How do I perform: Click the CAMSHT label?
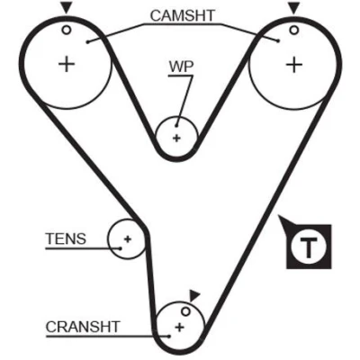click(183, 15)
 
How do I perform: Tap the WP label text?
click(182, 67)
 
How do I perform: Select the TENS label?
click(66, 238)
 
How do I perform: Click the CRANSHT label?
click(83, 327)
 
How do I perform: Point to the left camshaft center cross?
click(67, 64)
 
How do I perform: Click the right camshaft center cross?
click(294, 65)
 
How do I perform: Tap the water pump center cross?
click(177, 138)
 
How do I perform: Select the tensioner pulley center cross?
click(128, 239)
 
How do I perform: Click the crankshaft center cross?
click(180, 327)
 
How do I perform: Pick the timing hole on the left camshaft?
click(67, 30)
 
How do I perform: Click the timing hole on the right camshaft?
click(294, 30)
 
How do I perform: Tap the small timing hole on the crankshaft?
click(186, 311)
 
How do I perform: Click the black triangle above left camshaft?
click(66, 8)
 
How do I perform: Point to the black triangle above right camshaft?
click(293, 8)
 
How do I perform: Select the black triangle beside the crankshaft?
click(194, 295)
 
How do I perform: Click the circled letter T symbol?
click(309, 247)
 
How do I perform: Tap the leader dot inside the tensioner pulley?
click(121, 248)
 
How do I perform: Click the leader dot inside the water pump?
click(177, 126)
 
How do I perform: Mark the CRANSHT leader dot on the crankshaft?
click(169, 337)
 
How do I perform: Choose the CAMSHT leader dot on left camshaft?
click(87, 42)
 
